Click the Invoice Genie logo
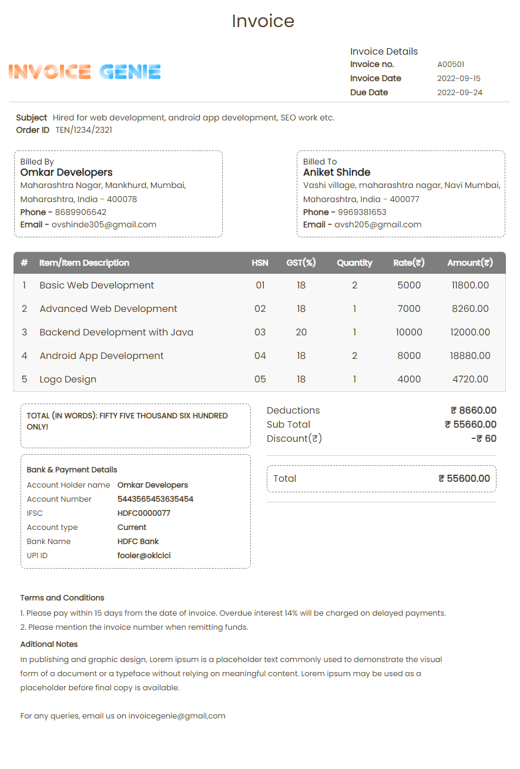pyautogui.click(x=85, y=72)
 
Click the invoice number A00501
pyautogui.click(x=451, y=65)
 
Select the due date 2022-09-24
pyautogui.click(x=459, y=93)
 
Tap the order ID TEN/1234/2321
pyautogui.click(x=83, y=130)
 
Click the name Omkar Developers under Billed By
pyautogui.click(x=66, y=173)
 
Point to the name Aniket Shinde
pyautogui.click(x=337, y=173)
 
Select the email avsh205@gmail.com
pyautogui.click(x=378, y=224)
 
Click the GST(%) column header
pyautogui.click(x=301, y=263)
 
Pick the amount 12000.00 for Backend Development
pyautogui.click(x=470, y=333)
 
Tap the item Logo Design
pyautogui.click(x=68, y=380)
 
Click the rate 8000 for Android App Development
pyautogui.click(x=409, y=356)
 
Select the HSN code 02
pyautogui.click(x=260, y=309)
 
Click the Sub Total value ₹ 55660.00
pyautogui.click(x=470, y=425)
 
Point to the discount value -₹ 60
pyautogui.click(x=484, y=439)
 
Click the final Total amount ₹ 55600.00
pyautogui.click(x=464, y=479)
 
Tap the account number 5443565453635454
pyautogui.click(x=155, y=499)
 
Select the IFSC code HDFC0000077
pyautogui.click(x=144, y=513)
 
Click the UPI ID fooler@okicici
pyautogui.click(x=144, y=556)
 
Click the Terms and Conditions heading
pyautogui.click(x=62, y=598)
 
